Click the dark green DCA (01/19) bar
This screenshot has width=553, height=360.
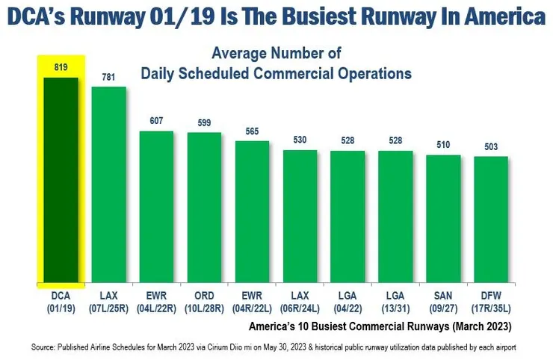[61, 179]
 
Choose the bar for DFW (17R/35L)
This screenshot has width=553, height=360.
[491, 220]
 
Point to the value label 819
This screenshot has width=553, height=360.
[61, 67]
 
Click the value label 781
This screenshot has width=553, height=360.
[109, 78]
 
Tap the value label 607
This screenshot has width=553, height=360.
[156, 121]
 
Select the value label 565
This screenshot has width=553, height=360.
[252, 131]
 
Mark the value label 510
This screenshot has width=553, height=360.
[443, 145]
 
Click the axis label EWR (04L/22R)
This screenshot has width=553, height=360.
[156, 301]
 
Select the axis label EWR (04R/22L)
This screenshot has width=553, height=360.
[252, 301]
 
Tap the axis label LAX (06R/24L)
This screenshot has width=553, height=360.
[300, 301]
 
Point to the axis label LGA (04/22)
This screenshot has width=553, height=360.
[347, 301]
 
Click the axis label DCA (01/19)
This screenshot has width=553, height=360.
[61, 301]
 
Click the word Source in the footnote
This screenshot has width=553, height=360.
[46, 347]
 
